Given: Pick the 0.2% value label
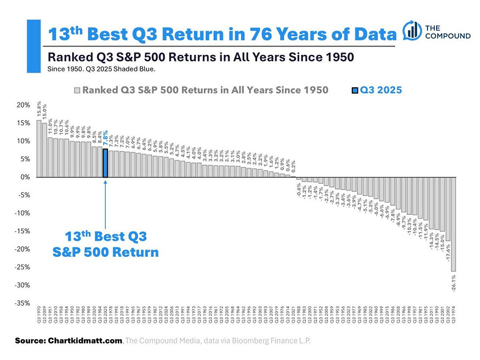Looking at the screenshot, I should [293, 165].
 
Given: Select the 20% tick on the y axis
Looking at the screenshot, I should [23, 106].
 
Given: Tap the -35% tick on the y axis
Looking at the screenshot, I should [23, 303].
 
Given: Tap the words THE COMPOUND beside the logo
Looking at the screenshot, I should [448, 32].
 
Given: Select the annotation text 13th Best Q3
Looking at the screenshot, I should [106, 236].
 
